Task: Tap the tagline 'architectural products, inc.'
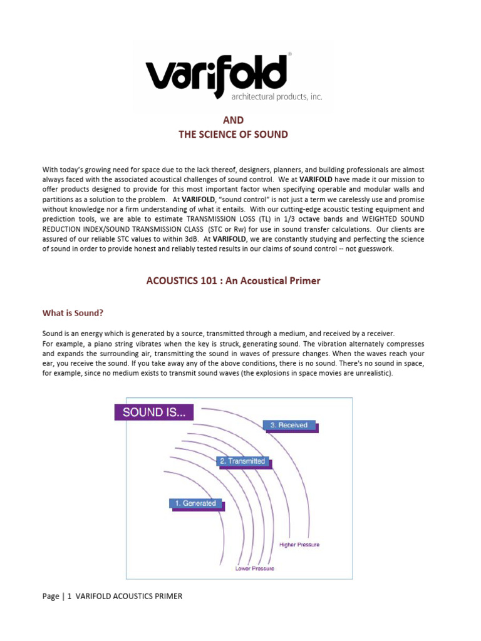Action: (267, 97)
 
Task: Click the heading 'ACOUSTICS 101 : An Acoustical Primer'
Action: (233, 280)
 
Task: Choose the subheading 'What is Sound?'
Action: (73, 312)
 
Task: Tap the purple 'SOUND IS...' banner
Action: (153, 412)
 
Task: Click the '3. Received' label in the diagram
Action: (289, 425)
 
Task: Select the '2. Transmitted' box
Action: (242, 461)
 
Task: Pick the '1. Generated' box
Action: (195, 503)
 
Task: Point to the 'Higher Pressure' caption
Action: (299, 545)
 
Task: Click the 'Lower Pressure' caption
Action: (254, 568)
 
